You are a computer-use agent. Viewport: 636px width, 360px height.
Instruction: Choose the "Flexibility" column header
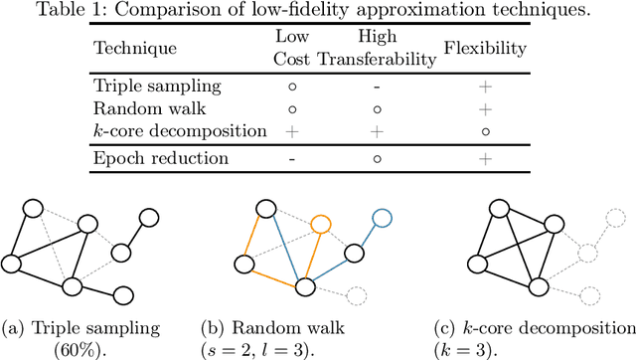(484, 48)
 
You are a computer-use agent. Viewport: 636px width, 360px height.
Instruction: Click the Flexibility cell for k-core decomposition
(485, 131)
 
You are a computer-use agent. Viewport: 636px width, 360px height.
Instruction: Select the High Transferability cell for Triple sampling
(378, 87)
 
